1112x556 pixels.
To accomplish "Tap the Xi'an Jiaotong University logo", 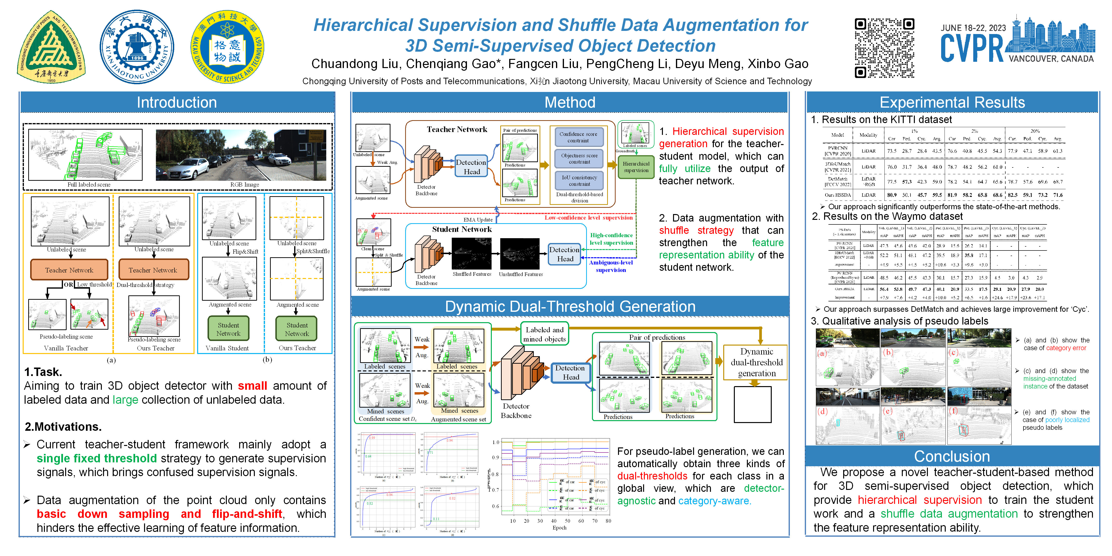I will (x=137, y=47).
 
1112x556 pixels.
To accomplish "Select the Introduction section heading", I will (x=177, y=102).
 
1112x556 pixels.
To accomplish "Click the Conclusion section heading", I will (x=952, y=456).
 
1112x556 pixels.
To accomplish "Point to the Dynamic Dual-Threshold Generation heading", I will (x=570, y=306).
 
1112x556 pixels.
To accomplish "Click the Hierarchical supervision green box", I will (x=636, y=167).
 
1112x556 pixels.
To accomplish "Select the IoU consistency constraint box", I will (x=579, y=181).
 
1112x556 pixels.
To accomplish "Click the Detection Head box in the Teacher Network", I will (x=471, y=167).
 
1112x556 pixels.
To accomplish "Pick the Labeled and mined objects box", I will (x=544, y=334).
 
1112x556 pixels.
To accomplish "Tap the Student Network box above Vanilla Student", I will (x=228, y=329).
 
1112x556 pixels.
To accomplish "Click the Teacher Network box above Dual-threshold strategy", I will (x=153, y=270).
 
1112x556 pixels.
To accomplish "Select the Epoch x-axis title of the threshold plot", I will (x=559, y=528).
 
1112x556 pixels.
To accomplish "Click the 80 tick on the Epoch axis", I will (x=608, y=521).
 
